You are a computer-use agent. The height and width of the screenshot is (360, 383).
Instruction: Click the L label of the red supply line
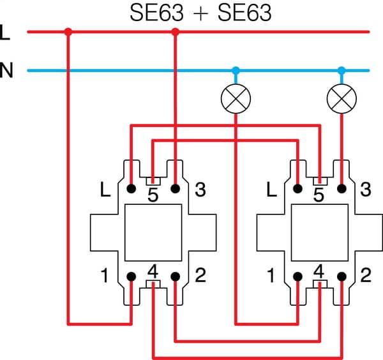pos(6,32)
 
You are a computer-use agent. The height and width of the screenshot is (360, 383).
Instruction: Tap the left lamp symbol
pos(236,99)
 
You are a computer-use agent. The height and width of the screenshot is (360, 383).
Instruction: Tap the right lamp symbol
pos(342,99)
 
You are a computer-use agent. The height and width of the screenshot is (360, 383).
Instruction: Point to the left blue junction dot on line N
pos(236,70)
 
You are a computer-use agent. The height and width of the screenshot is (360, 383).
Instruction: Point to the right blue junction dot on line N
pos(342,70)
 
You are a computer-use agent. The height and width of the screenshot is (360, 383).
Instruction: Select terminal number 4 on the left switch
pos(153,271)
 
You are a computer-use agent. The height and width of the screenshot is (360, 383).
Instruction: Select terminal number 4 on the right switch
pos(319,271)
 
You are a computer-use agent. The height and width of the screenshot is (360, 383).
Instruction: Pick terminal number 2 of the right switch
pos(365,277)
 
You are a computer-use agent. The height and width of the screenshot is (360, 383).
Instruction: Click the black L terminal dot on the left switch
pos(131,189)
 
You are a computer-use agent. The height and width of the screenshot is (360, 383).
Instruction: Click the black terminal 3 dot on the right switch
pos(342,189)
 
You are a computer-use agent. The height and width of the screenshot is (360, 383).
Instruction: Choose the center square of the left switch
pos(153,233)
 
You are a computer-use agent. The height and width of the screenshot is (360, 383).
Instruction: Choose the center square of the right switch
pos(319,233)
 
